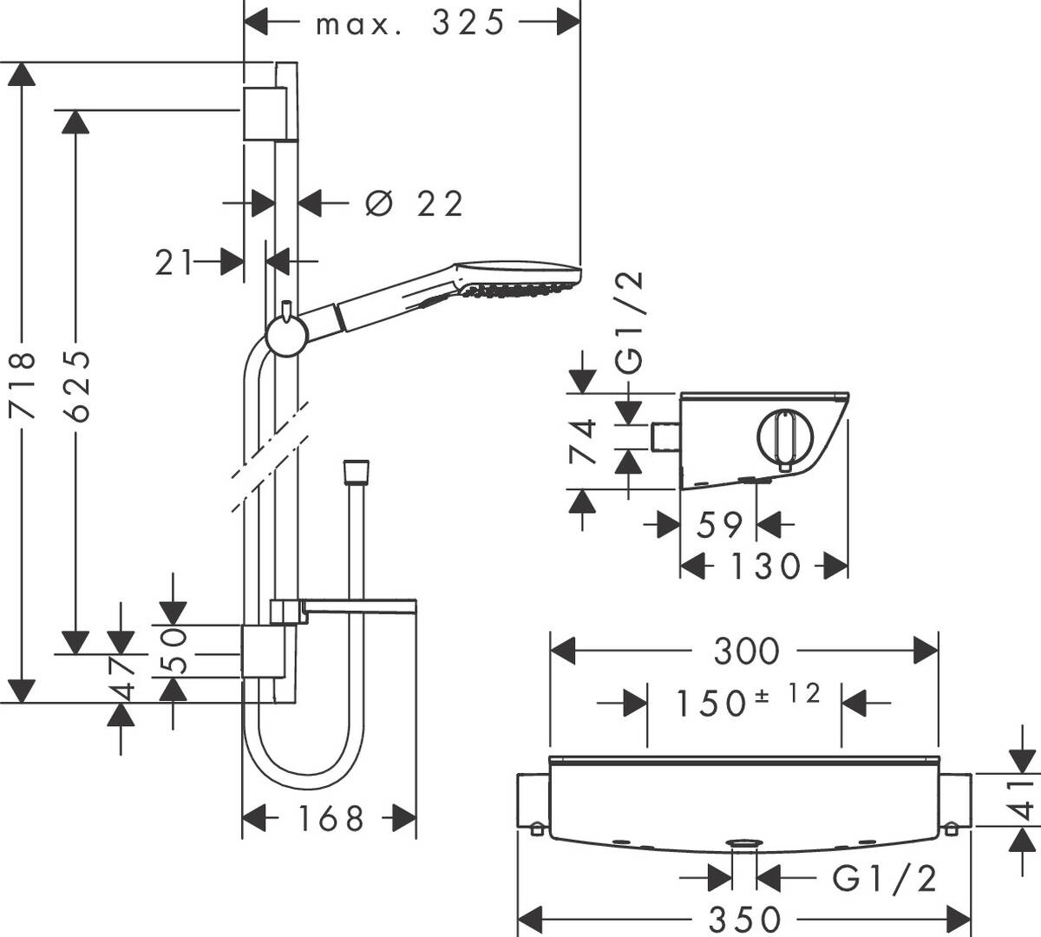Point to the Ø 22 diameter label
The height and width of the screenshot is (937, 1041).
(415, 204)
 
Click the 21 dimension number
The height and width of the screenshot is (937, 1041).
(175, 262)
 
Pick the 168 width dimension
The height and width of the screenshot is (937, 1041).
(329, 817)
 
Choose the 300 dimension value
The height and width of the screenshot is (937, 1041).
(746, 651)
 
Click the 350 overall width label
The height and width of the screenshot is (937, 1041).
(745, 918)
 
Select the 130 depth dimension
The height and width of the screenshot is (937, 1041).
(763, 567)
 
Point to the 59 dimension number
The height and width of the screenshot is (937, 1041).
(719, 524)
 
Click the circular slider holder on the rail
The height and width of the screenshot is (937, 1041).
(285, 335)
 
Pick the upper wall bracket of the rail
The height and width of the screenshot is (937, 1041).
(263, 113)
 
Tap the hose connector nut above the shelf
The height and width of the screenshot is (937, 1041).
(356, 473)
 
